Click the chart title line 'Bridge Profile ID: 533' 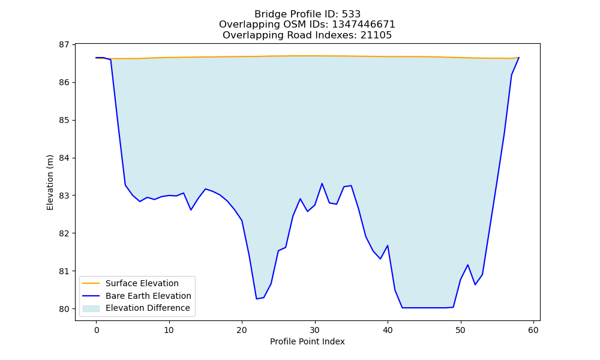click(307, 14)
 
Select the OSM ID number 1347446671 click(363, 25)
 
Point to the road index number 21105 click(376, 35)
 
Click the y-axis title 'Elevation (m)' click(50, 182)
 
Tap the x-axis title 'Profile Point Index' click(307, 341)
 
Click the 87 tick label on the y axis click(64, 45)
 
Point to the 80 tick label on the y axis click(64, 309)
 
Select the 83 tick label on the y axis click(64, 196)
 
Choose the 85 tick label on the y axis click(64, 121)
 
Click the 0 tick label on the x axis click(96, 330)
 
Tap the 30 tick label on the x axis click(315, 330)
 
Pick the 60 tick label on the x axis click(533, 330)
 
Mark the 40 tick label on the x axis click(388, 330)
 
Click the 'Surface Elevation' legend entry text click(142, 283)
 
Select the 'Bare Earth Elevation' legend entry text click(148, 296)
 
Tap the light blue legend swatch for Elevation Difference click(91, 308)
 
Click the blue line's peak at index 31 click(322, 184)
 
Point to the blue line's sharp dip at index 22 click(256, 298)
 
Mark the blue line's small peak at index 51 click(467, 265)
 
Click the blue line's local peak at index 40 click(388, 245)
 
